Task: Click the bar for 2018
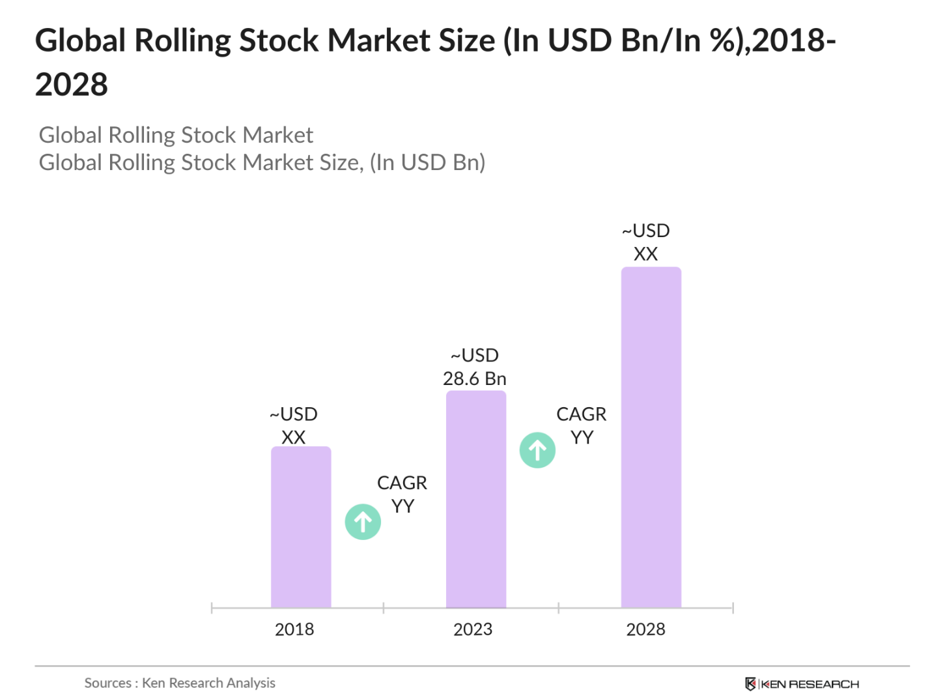[301, 527]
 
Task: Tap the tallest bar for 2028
[651, 437]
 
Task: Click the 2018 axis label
[294, 629]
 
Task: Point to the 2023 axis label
[473, 629]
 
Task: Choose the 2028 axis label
[645, 629]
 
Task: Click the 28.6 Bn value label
[474, 378]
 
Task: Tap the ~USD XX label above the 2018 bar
[294, 425]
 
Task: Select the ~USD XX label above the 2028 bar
[645, 242]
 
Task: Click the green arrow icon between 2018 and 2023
[363, 522]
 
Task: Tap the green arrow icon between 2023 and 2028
[537, 450]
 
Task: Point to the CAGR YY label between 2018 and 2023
[402, 494]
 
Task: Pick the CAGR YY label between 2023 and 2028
[581, 425]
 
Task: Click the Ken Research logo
[802, 684]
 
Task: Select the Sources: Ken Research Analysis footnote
[180, 683]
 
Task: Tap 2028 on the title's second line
[72, 85]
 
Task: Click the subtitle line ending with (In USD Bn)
[262, 162]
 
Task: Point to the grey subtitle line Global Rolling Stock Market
[176, 135]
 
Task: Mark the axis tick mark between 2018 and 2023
[384, 608]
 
